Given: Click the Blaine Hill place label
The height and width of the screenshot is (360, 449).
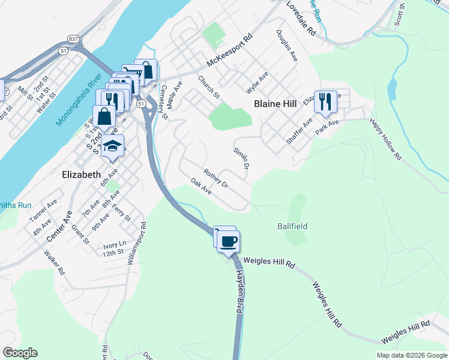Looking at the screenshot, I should pyautogui.click(x=275, y=104).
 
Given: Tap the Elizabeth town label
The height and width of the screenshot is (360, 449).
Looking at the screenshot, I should pyautogui.click(x=82, y=174).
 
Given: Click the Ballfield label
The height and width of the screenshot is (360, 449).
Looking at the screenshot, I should pyautogui.click(x=292, y=226).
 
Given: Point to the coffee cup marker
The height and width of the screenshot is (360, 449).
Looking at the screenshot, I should pyautogui.click(x=228, y=241).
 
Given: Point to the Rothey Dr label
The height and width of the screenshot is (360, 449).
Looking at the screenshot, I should pyautogui.click(x=216, y=179).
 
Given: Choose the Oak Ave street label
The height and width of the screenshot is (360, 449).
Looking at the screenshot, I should pyautogui.click(x=201, y=186).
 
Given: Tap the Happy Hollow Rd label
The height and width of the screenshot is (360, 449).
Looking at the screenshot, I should pyautogui.click(x=385, y=139).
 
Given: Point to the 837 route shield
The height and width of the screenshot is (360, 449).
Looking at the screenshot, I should pyautogui.click(x=73, y=40).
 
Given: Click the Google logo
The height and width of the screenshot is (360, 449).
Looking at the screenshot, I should pyautogui.click(x=20, y=353).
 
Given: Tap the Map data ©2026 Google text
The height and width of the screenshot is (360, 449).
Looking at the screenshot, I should pyautogui.click(x=412, y=355).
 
